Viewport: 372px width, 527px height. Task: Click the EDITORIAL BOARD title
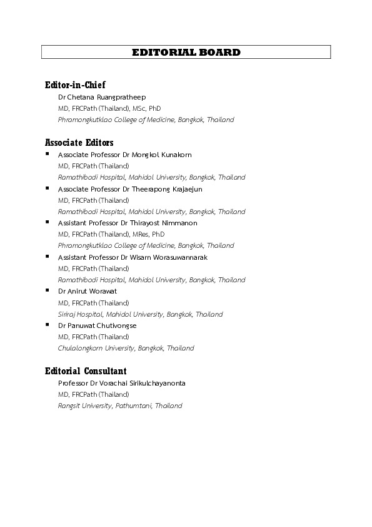(186, 53)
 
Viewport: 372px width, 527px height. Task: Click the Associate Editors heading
(79, 143)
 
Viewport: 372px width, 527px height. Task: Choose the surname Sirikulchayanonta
(155, 383)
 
